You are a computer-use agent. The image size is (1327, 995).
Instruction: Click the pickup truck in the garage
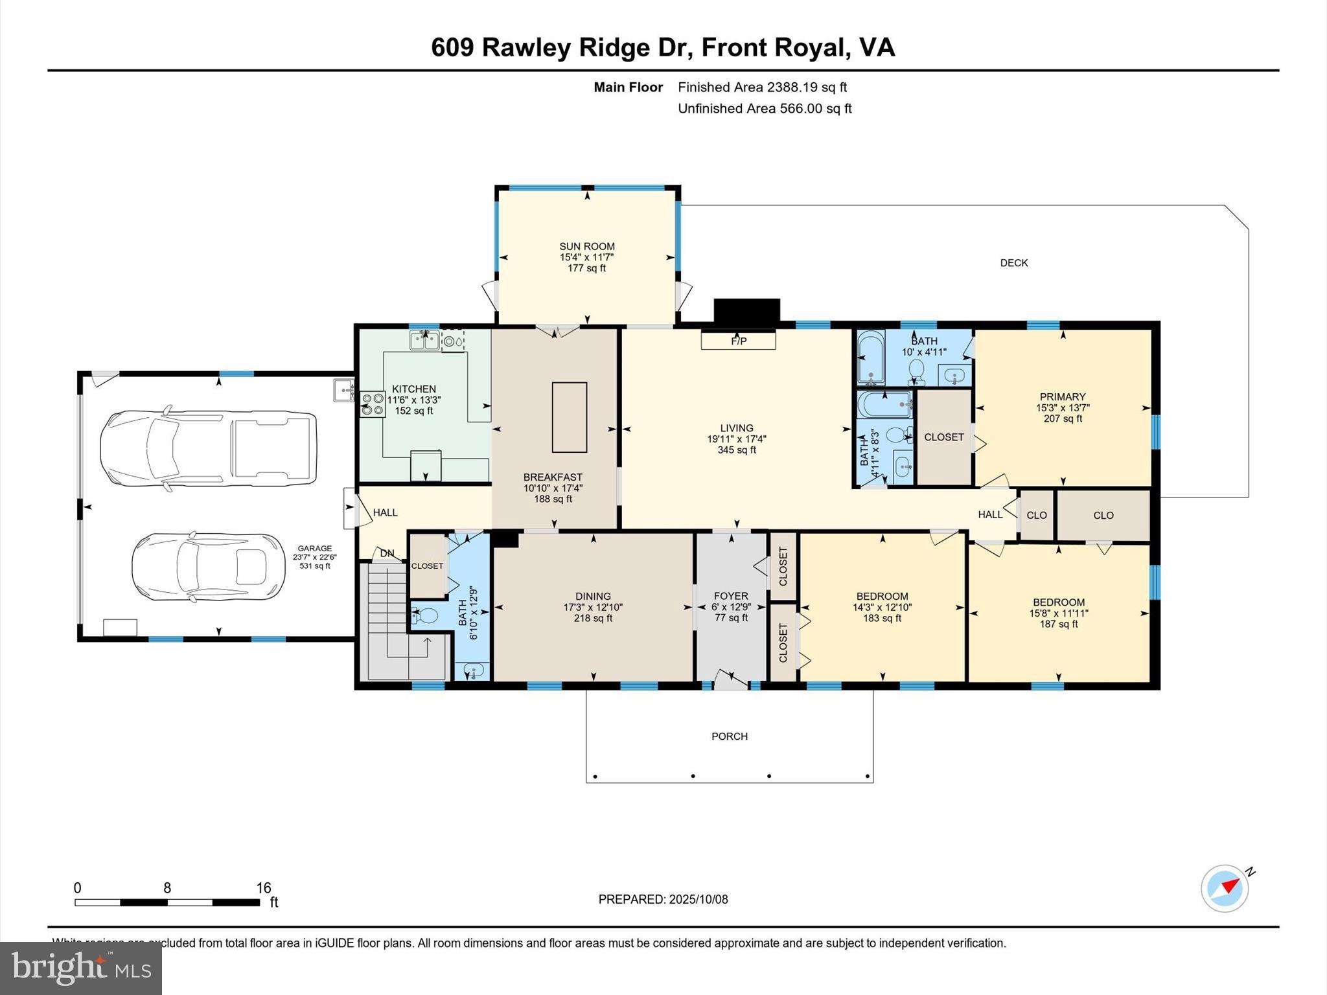(x=207, y=448)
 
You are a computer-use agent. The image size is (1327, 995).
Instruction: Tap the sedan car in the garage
(x=207, y=567)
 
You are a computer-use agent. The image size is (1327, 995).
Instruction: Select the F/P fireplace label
(x=739, y=341)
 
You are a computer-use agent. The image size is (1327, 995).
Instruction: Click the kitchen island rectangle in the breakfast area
(x=569, y=417)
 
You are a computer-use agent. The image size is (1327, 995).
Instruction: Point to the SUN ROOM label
(x=587, y=246)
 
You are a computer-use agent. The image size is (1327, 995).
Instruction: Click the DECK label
(x=1014, y=263)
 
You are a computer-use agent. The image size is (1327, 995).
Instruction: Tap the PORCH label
(x=730, y=737)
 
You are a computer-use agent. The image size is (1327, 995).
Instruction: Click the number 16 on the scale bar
(x=263, y=888)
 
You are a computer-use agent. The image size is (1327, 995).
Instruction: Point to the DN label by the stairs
(x=387, y=553)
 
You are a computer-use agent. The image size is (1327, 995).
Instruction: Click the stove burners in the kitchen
(x=373, y=404)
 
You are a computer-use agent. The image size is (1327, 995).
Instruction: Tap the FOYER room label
(x=731, y=596)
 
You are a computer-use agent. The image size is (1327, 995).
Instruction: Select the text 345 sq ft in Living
(x=737, y=450)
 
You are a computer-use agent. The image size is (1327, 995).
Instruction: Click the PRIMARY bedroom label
(x=1063, y=396)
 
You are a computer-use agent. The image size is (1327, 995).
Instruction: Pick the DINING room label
(x=593, y=596)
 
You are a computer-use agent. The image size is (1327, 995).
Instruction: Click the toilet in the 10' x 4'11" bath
(x=916, y=369)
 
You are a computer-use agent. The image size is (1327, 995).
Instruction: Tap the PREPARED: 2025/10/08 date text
(x=663, y=899)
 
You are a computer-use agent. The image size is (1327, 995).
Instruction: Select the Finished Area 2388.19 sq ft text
(x=762, y=87)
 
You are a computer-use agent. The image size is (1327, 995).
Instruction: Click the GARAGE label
(x=315, y=548)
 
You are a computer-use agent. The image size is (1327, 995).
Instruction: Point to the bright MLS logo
(x=81, y=968)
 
